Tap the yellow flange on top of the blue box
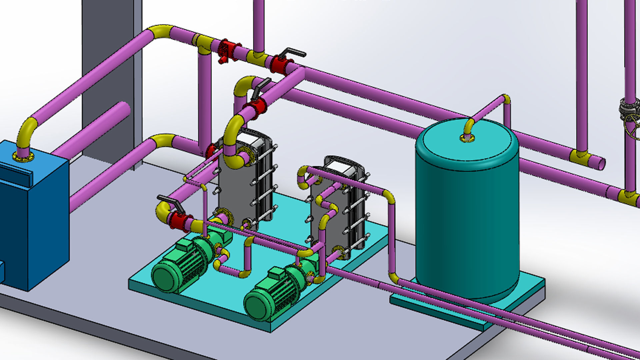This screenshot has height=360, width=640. [23, 156]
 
